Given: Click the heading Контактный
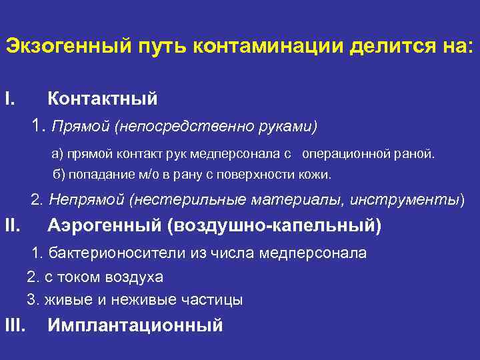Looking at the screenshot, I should point(103,99).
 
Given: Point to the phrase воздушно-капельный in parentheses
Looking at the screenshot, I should point(275,227).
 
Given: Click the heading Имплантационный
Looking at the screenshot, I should point(135,326).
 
